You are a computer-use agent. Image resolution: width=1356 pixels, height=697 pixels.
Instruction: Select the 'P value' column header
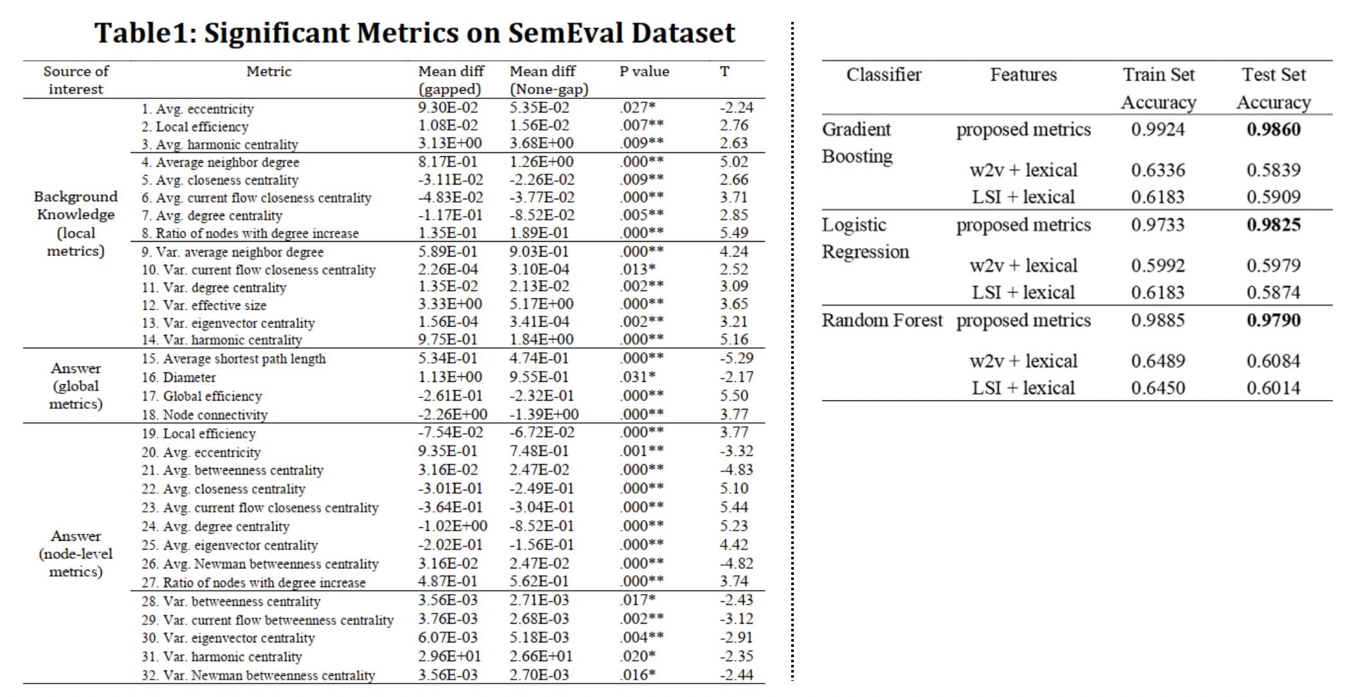point(644,71)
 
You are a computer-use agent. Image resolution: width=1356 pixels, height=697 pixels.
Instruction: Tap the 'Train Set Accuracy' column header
point(1159,88)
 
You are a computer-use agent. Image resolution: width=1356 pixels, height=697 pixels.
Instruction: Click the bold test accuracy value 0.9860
point(1273,129)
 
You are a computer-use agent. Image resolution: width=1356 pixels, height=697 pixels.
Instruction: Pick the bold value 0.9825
point(1273,224)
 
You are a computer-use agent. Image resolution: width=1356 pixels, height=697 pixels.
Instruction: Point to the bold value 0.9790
point(1273,320)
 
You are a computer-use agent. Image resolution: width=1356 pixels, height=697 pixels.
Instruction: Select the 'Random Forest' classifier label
point(882,320)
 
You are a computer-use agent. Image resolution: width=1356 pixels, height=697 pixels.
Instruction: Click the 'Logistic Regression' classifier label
point(865,238)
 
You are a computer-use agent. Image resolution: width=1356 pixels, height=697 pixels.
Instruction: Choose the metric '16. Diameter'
point(179,377)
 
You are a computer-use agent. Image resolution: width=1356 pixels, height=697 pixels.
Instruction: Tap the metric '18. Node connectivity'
point(205,415)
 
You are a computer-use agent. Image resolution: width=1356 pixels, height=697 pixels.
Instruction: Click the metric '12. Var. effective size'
point(204,305)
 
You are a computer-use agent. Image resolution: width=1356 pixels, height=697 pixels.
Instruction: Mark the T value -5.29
point(737,358)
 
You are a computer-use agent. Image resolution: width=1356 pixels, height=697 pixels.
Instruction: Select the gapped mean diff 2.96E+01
point(449,656)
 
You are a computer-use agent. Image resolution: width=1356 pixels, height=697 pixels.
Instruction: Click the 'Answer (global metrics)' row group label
point(76,386)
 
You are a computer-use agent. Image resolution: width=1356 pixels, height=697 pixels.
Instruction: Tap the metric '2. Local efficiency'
point(195,127)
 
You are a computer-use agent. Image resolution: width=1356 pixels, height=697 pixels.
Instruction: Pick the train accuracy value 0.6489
point(1158,361)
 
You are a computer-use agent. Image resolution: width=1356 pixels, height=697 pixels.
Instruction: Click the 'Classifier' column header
point(884,75)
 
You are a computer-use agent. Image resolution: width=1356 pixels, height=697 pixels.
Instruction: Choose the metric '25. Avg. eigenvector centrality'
point(230,545)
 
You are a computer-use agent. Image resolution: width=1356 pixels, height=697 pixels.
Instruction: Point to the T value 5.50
point(734,395)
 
